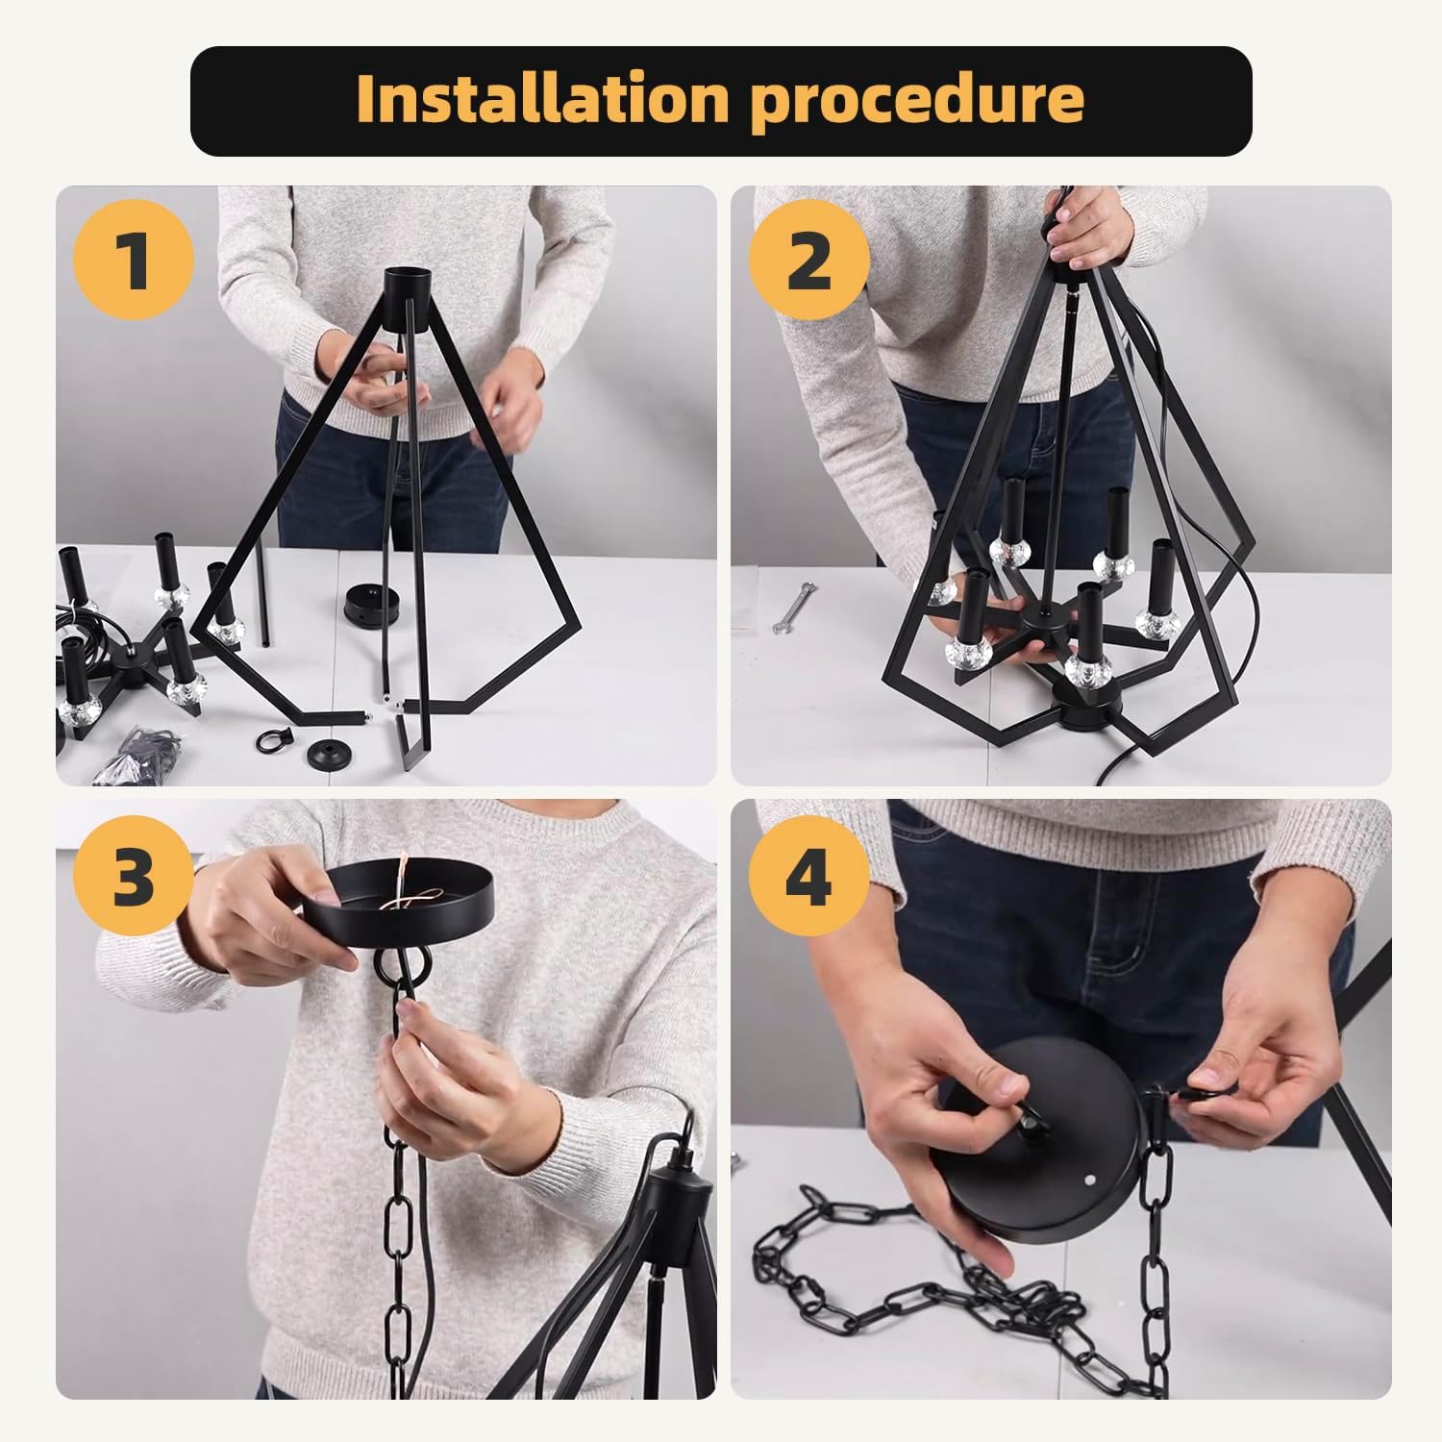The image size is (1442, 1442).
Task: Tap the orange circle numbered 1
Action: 134,260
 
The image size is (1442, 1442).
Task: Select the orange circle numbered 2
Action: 808,260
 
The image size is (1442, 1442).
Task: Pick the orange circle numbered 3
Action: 134,876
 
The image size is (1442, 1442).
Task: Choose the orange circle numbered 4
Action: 808,876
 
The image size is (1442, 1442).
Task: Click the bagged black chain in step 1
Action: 144,750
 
